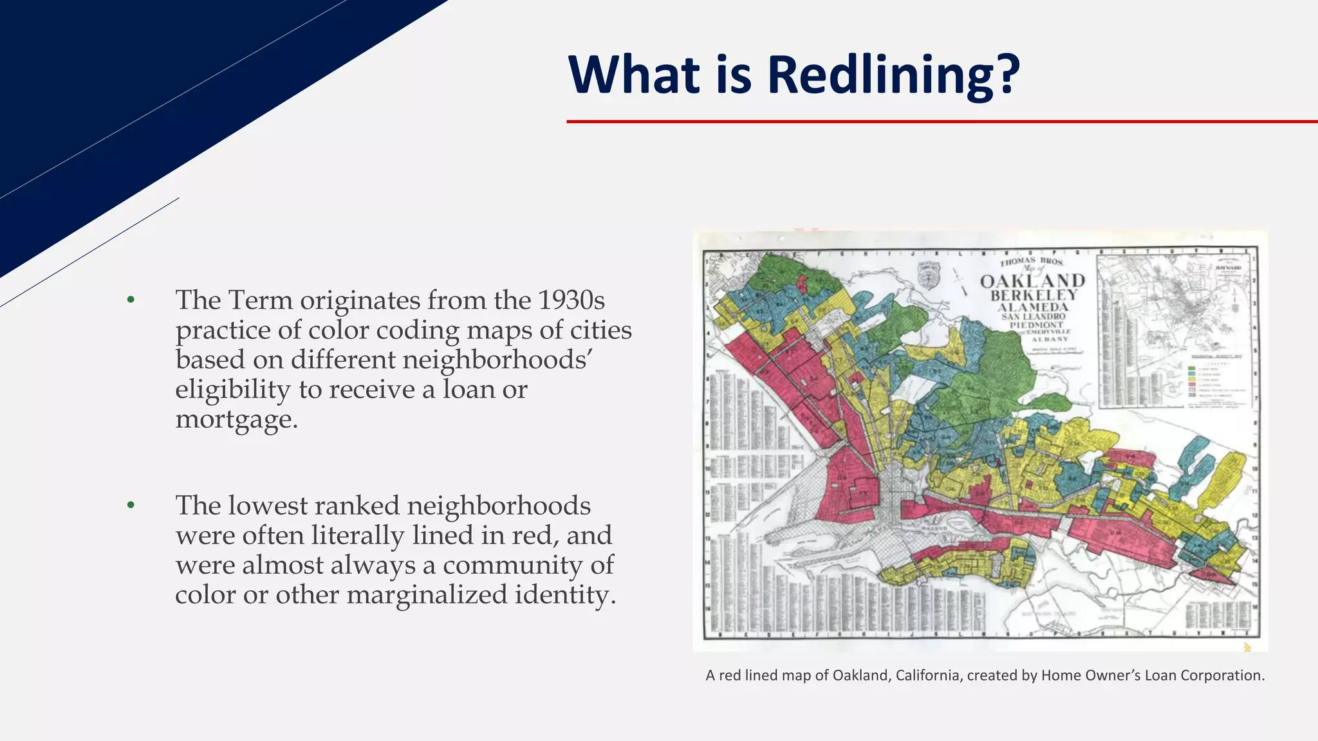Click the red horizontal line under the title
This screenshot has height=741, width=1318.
(x=940, y=121)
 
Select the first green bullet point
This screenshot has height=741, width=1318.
(x=131, y=299)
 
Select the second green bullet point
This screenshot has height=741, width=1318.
(x=131, y=505)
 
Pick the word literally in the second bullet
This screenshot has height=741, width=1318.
(x=358, y=535)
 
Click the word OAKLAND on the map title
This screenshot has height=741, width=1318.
(x=1032, y=281)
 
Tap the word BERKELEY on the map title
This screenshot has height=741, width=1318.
(x=1034, y=295)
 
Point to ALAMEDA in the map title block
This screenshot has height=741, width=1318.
(x=1033, y=307)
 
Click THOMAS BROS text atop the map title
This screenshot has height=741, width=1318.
(x=1031, y=262)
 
